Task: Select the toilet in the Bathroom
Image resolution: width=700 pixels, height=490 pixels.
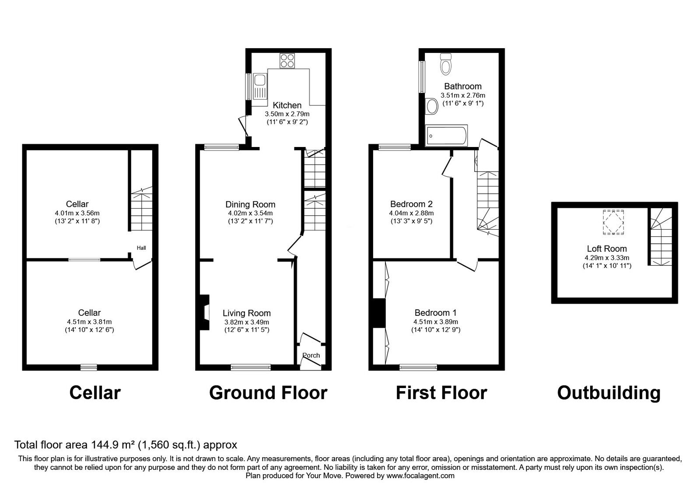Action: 446,64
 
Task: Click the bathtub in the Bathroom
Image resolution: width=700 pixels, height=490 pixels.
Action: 447,136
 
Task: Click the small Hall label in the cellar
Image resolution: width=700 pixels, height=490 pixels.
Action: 141,248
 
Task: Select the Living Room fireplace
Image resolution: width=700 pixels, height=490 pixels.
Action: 204,312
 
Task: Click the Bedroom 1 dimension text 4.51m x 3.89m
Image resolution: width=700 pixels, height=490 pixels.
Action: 435,322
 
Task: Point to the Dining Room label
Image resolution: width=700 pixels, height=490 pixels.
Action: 250,204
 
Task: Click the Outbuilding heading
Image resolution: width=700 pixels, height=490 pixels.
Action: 609,393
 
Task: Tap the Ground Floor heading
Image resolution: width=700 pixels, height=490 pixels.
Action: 268,393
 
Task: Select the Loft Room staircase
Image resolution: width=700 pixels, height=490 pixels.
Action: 660,237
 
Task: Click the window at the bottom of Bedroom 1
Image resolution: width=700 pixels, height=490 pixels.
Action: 418,367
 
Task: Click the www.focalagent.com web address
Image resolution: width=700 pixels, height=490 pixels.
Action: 420,476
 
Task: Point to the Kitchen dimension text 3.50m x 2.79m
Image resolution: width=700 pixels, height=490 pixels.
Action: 287,114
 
